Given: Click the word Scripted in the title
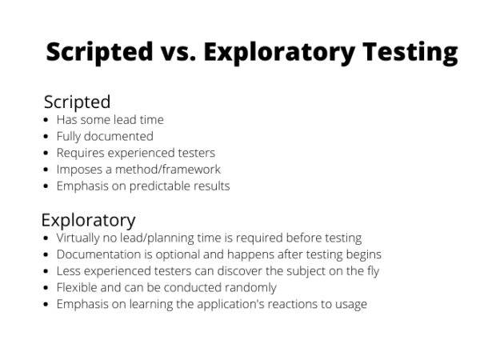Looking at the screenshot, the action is (99, 52).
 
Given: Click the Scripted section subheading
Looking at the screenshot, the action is (77, 102).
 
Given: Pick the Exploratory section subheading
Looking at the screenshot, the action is (88, 221).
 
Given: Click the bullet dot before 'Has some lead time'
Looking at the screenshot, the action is (46, 120).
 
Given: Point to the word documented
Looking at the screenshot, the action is (118, 136).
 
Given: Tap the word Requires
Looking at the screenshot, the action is (80, 153).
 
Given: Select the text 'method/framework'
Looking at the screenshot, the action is (168, 170).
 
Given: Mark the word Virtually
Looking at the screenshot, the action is (78, 238).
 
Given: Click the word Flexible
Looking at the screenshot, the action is (77, 287).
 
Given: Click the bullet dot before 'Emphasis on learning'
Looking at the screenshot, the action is (46, 304).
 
